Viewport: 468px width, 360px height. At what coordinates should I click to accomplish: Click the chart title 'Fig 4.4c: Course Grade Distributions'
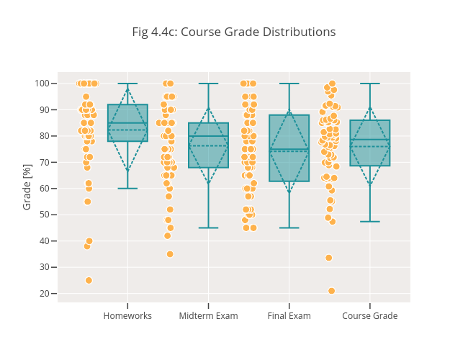coord(233,32)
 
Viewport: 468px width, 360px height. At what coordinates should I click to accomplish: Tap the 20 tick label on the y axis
coord(43,294)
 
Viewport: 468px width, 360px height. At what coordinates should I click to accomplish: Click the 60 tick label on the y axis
coord(43,189)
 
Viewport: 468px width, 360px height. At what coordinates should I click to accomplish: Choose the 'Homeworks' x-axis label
coord(127,316)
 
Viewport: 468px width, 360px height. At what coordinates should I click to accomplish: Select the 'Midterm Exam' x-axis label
coord(208,316)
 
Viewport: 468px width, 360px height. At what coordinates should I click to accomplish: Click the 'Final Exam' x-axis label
coord(289,316)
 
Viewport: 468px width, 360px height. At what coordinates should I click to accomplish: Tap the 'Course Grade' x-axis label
coord(369,316)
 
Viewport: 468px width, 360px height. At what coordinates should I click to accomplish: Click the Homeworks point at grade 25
coord(89,280)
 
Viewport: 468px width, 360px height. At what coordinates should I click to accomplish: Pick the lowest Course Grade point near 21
coord(331,291)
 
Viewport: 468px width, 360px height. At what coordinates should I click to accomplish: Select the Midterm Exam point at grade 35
coord(170,254)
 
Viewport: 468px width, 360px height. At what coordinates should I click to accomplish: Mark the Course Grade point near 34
coord(328,258)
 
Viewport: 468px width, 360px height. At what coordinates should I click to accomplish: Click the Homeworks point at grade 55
coord(87,202)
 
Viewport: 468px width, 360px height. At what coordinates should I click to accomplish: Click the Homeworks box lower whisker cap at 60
coord(127,189)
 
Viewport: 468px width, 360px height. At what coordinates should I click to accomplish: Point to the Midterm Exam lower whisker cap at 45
coord(208,228)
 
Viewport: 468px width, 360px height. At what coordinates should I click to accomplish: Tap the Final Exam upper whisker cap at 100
coord(289,84)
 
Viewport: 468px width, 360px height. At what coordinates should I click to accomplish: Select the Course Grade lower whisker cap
coord(369,221)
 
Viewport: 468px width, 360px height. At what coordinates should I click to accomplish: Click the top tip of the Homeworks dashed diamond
coord(127,89)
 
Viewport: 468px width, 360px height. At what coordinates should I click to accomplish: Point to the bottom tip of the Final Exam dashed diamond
coord(289,192)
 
